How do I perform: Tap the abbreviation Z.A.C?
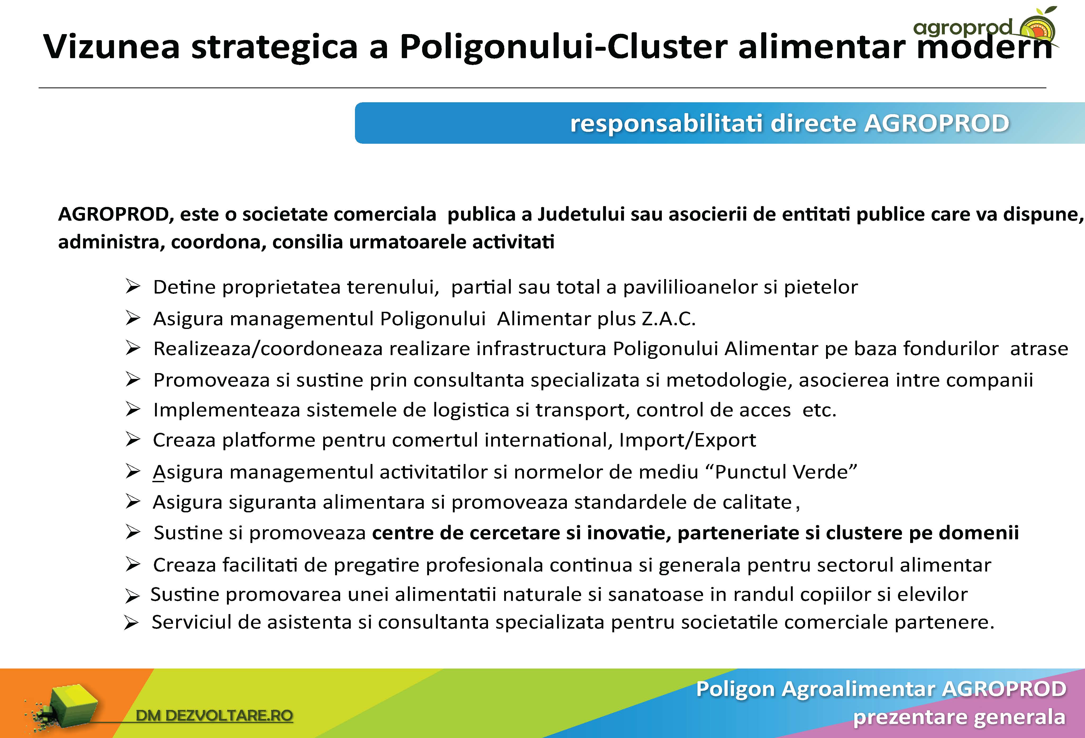[x=669, y=319]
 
